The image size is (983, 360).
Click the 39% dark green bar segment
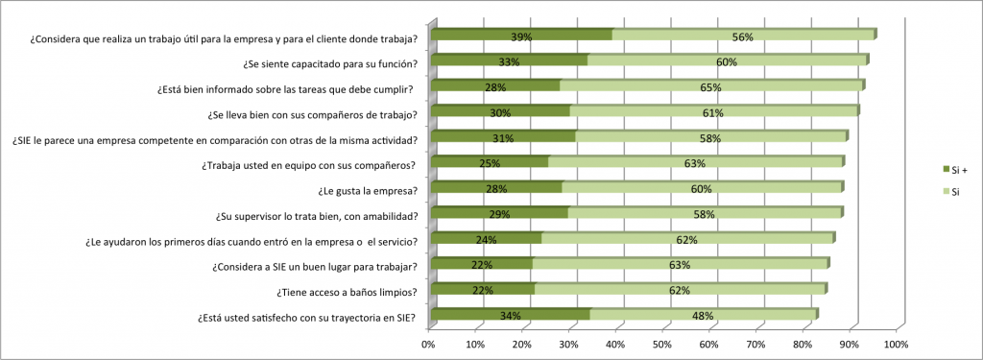tap(521, 36)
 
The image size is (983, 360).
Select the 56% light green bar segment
tap(743, 36)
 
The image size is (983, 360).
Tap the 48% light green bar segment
tap(703, 315)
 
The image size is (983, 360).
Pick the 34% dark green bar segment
tap(510, 315)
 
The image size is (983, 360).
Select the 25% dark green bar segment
tap(490, 163)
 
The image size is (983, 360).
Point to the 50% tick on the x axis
tap(663, 343)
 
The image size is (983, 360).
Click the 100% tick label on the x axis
tap(896, 343)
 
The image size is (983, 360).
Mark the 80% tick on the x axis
tap(803, 343)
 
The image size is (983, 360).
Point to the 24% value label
tap(485, 239)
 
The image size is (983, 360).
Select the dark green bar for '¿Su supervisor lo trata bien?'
tap(499, 214)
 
